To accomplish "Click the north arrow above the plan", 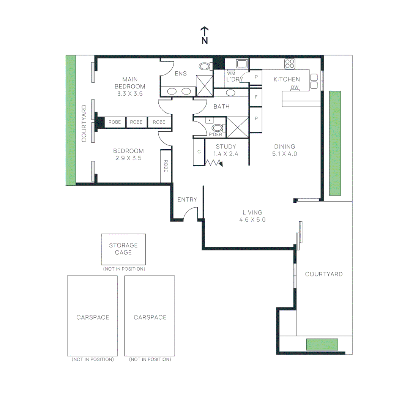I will [x=205, y=35].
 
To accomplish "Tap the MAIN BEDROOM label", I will [x=130, y=86].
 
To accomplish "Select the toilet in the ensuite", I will [x=205, y=67].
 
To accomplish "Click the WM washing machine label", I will [x=231, y=73].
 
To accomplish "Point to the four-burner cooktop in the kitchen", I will [x=290, y=64].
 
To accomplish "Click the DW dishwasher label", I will [x=295, y=88].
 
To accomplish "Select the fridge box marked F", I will [x=256, y=97].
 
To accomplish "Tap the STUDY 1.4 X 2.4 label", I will [x=226, y=150].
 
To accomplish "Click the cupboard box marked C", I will [x=199, y=152].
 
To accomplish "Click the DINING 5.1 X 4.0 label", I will [x=284, y=150].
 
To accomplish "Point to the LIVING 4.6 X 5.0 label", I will [x=252, y=216].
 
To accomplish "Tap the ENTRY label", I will [x=187, y=200].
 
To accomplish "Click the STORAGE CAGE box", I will [x=123, y=249].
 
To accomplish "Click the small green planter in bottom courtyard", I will [x=322, y=344].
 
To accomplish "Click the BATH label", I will [x=221, y=107].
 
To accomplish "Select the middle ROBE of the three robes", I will [x=136, y=122].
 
